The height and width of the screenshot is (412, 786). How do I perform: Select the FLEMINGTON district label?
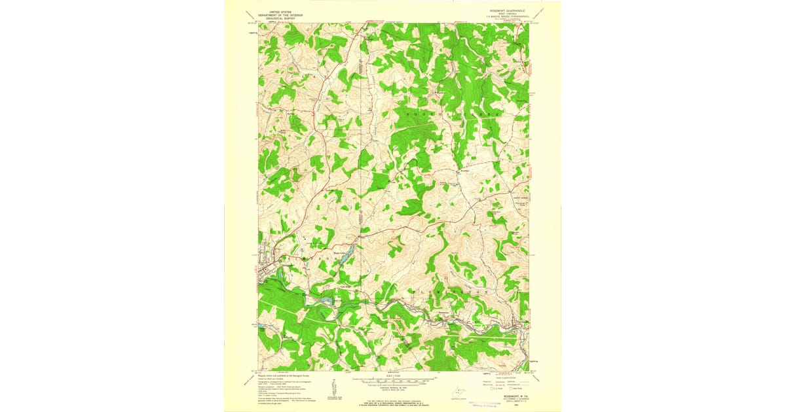(450, 290)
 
